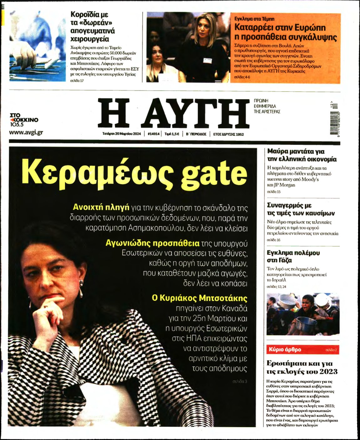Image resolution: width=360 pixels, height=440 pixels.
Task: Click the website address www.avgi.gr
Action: (x=26, y=132)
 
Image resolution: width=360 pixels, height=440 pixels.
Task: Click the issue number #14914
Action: (x=154, y=134)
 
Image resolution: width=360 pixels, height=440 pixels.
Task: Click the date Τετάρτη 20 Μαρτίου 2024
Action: (x=122, y=134)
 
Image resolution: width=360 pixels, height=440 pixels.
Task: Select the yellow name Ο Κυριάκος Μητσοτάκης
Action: (x=200, y=298)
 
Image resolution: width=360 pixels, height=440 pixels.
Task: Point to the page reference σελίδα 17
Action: (x=77, y=81)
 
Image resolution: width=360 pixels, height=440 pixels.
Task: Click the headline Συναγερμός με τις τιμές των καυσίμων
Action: (x=301, y=209)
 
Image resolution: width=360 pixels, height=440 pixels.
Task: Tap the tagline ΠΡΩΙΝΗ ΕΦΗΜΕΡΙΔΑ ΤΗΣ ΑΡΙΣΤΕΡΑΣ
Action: (x=267, y=106)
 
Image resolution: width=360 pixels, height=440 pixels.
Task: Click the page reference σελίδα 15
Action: (x=274, y=192)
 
